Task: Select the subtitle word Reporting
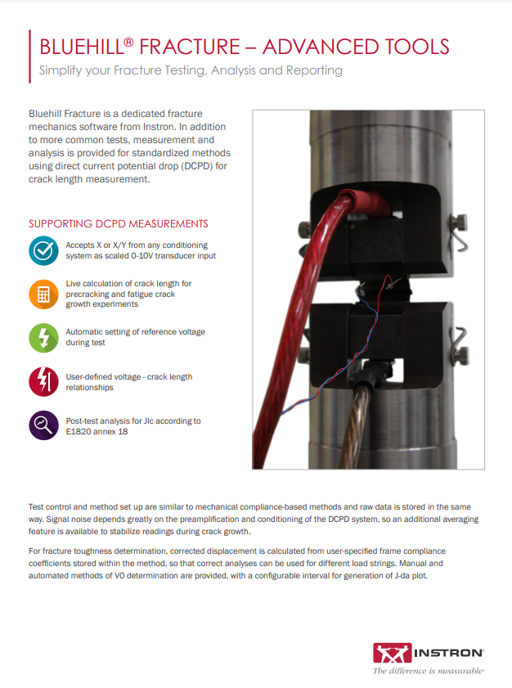click(x=313, y=70)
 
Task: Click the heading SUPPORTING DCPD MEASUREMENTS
click(x=118, y=223)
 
